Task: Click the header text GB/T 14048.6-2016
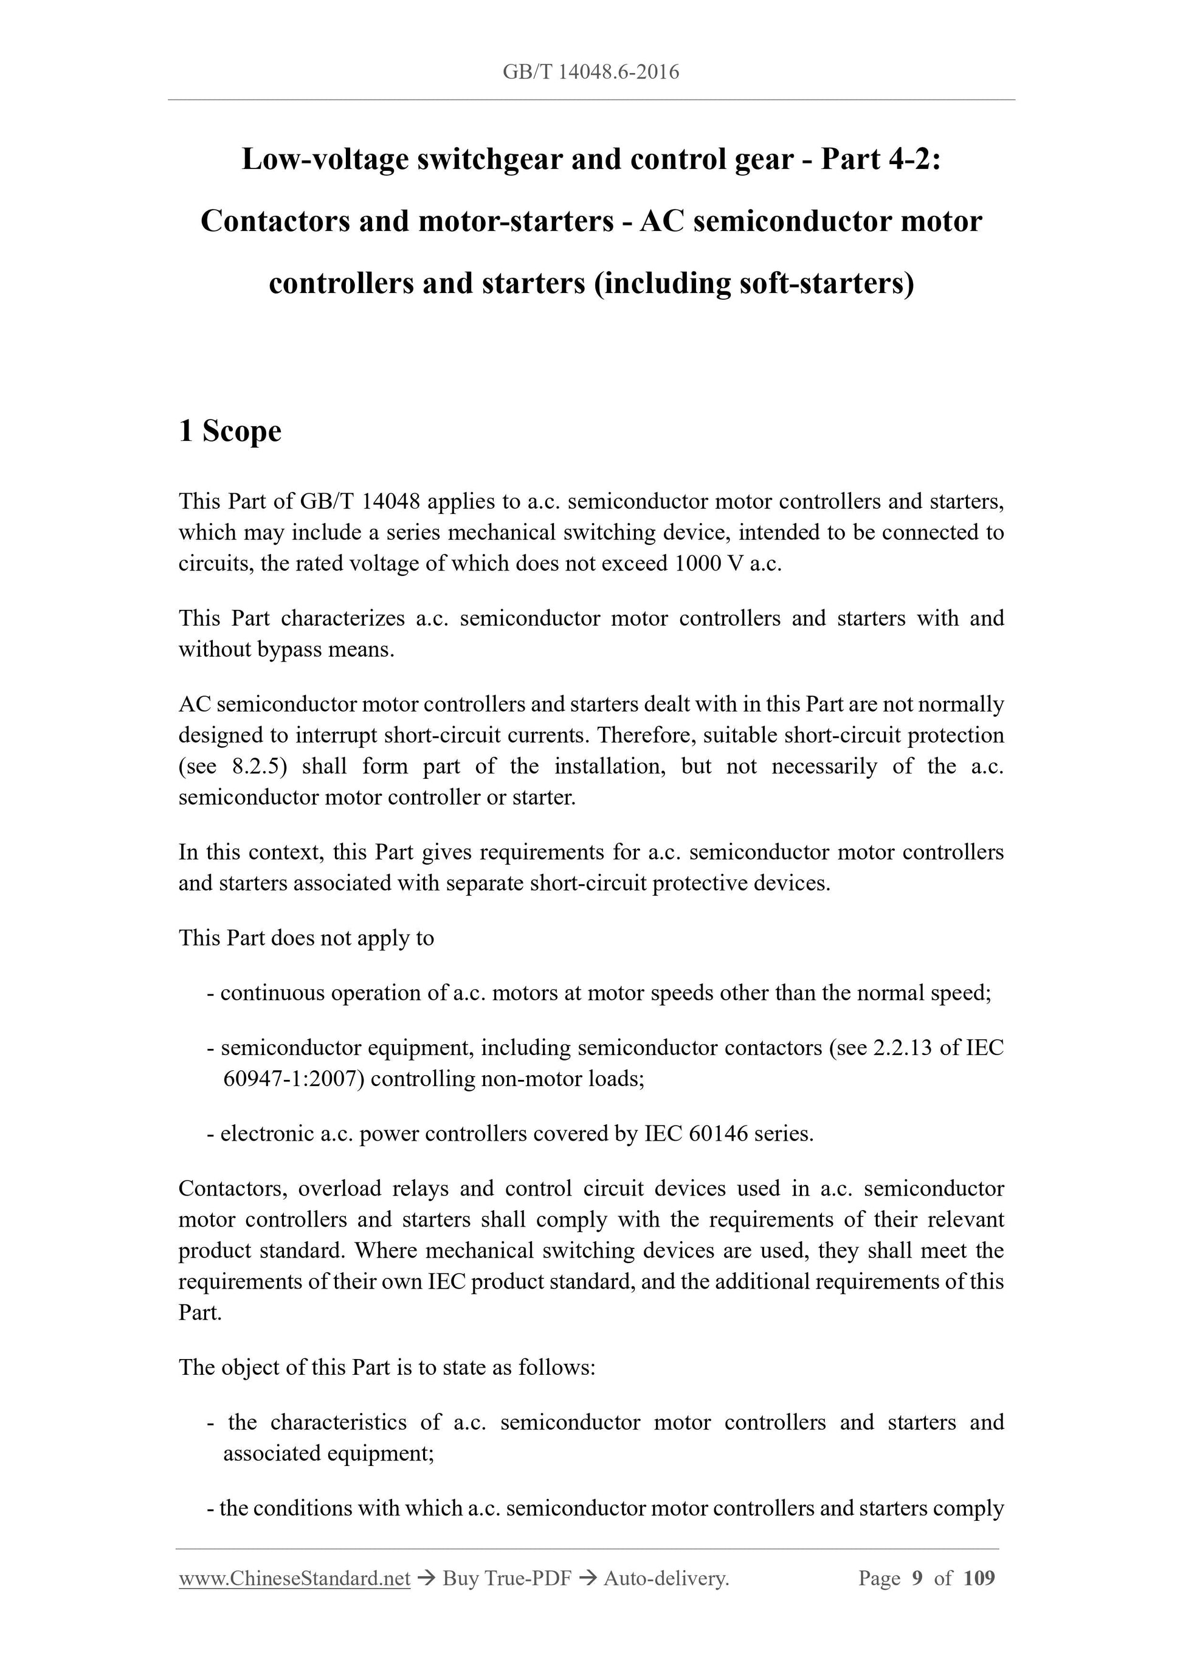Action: (x=590, y=72)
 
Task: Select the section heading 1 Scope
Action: (x=230, y=431)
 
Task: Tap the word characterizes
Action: (x=342, y=618)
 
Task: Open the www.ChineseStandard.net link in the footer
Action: (x=294, y=1579)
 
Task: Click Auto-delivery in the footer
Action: (x=666, y=1579)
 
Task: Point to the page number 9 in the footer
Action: (x=917, y=1579)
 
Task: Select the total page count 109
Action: (x=978, y=1579)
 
